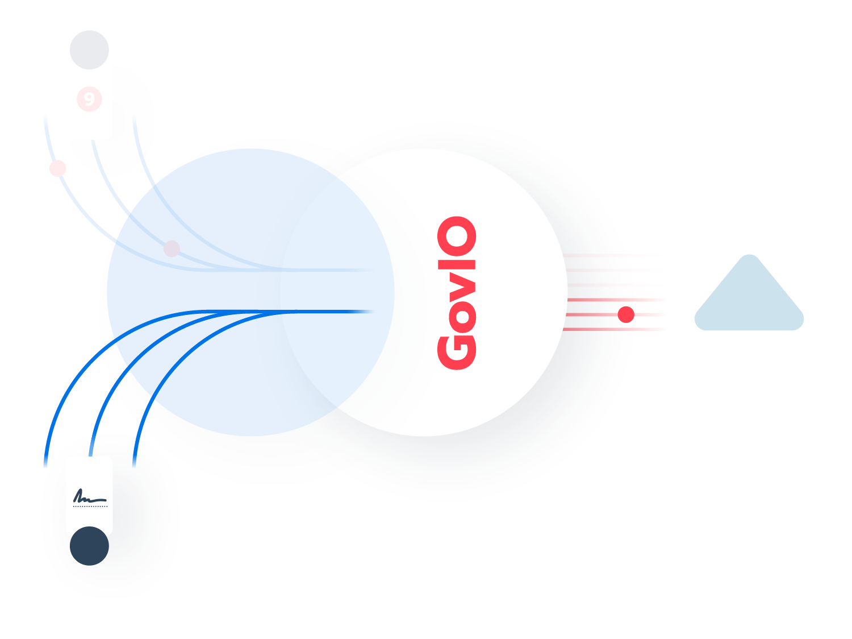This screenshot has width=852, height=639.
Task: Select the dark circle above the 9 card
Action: pyautogui.click(x=89, y=49)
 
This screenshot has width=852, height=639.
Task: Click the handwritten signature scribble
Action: pyautogui.click(x=88, y=496)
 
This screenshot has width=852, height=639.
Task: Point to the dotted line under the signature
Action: pyautogui.click(x=90, y=506)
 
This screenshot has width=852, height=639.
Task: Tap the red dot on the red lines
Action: pyautogui.click(x=626, y=314)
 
